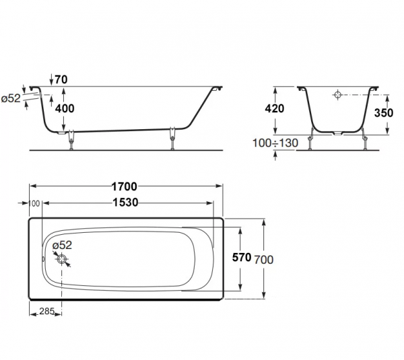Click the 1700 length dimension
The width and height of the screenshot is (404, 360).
124,186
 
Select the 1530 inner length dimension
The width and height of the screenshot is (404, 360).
125,203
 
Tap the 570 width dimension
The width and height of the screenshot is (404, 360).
242,257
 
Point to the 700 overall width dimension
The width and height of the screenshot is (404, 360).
263,260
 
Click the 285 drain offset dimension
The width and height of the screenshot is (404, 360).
46,312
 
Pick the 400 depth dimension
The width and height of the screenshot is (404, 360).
65,108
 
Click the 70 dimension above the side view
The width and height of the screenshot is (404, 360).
61,79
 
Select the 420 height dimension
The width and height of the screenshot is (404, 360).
275,108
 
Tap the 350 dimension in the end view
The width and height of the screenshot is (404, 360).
384,113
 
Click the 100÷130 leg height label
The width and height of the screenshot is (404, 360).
275,143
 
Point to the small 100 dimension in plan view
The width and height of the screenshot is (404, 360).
34,203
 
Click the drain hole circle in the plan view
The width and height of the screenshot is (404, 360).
62,259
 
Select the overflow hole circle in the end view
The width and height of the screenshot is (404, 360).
337,95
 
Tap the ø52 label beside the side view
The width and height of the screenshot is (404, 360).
11,98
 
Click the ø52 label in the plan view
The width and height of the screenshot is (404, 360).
62,245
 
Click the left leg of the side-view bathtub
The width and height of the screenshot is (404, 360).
71,140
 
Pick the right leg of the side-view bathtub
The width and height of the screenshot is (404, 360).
172,139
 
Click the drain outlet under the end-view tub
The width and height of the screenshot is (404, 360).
337,134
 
